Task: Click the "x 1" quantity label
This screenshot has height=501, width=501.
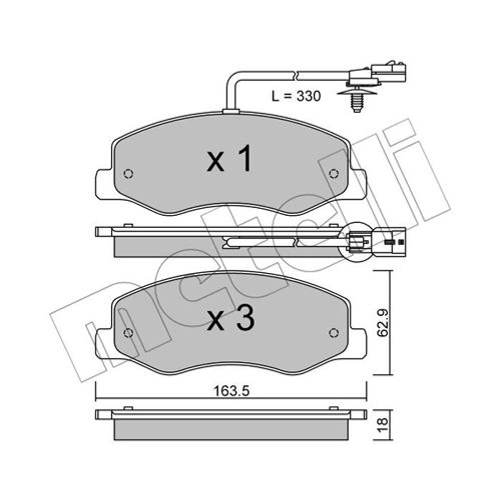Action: coord(230,158)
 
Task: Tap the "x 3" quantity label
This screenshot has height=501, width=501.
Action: coord(231,317)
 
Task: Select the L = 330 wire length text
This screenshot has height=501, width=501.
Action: coord(296,96)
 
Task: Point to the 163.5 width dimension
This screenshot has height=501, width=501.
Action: coord(231,391)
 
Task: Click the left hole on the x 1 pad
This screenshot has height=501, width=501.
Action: coord(128,173)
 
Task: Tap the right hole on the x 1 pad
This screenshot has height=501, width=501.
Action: coord(334,173)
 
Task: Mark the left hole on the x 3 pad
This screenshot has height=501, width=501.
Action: coord(128,333)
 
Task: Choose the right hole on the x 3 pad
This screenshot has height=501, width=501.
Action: coord(334,333)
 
